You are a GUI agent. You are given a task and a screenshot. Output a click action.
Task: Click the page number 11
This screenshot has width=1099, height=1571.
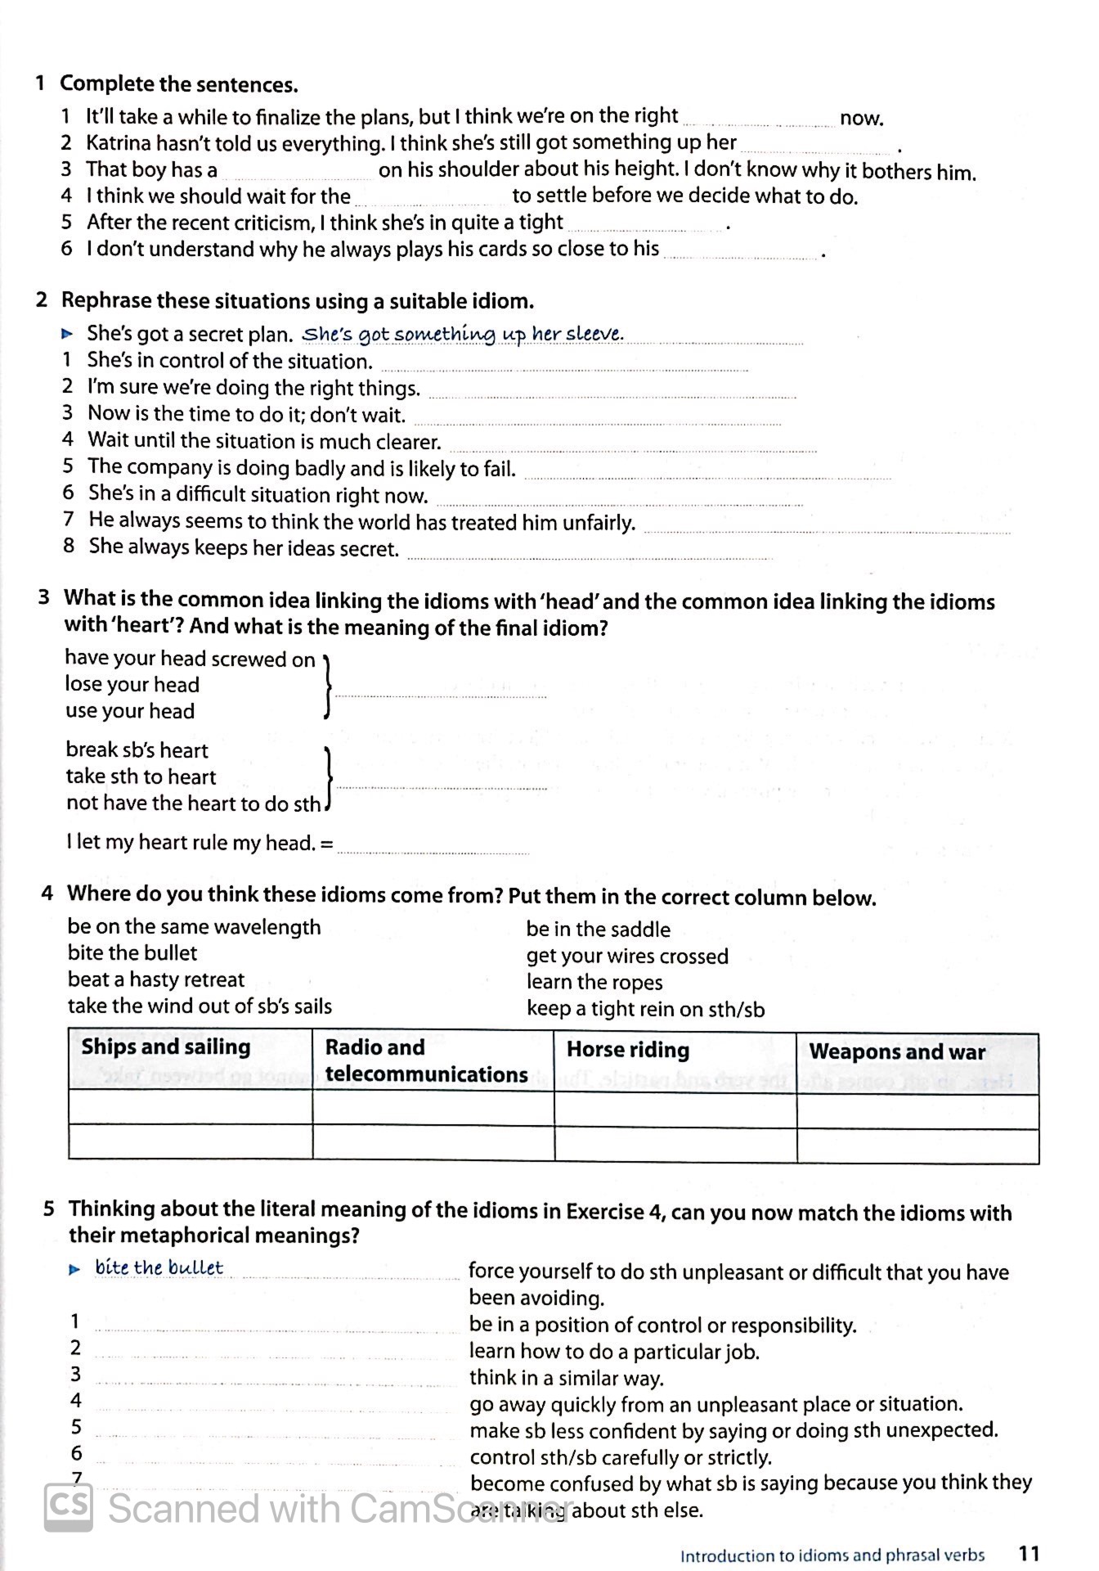point(1029,1552)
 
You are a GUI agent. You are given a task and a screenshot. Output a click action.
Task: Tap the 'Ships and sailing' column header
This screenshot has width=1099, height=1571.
point(166,1047)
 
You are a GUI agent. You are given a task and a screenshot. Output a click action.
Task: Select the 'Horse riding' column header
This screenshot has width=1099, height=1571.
point(627,1050)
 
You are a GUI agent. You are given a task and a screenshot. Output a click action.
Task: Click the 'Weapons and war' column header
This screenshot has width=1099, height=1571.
point(897,1052)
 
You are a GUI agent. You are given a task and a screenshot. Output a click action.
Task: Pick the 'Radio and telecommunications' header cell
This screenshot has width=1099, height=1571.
point(426,1060)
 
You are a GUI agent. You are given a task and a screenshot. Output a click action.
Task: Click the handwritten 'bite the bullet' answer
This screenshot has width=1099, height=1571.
point(159,1267)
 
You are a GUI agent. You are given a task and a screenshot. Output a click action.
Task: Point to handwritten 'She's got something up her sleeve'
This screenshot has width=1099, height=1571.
point(463,334)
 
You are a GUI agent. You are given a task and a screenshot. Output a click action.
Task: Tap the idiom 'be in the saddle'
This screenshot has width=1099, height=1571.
point(598,930)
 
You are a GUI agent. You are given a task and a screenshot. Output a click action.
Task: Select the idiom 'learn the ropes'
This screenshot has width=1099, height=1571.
point(594,982)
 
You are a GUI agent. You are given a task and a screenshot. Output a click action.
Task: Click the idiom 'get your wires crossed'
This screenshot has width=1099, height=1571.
point(627,956)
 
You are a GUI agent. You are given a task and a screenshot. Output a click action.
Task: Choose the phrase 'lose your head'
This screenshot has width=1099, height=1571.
point(132,685)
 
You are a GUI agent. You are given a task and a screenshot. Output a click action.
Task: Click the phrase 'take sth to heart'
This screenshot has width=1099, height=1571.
point(141,776)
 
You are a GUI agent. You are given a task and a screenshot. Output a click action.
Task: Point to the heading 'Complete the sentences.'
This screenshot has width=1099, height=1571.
point(179,84)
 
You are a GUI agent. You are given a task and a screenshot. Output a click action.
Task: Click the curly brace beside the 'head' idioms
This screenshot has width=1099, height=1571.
point(327,686)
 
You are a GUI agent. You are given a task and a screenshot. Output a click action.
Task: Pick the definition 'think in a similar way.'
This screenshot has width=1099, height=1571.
point(566,1378)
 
